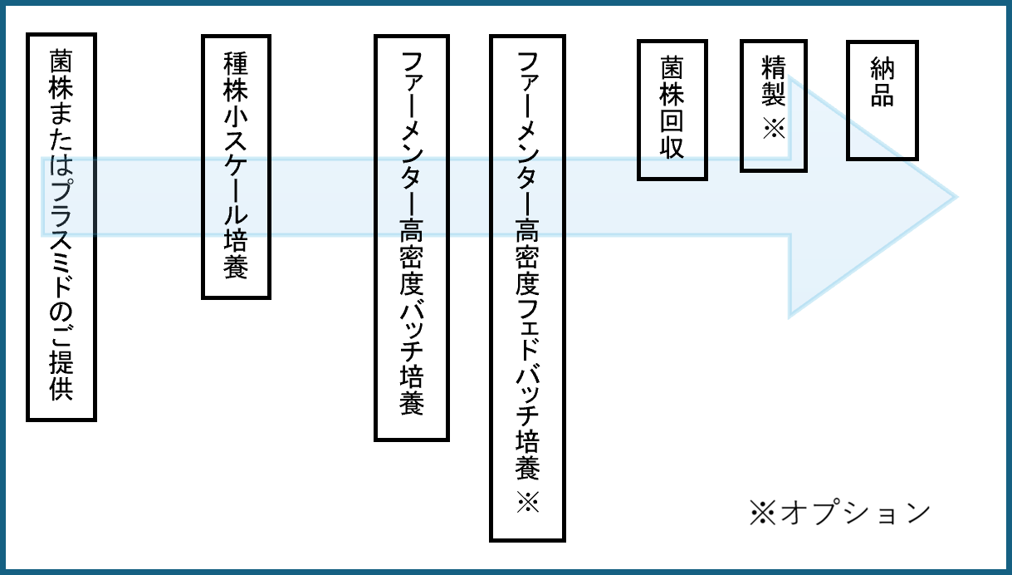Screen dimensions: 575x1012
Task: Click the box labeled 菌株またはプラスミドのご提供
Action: tap(61, 227)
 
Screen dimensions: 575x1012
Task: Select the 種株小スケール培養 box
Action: tap(237, 166)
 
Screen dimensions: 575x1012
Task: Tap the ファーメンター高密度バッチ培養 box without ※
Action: tap(411, 237)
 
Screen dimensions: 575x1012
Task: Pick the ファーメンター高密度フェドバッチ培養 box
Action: tap(527, 287)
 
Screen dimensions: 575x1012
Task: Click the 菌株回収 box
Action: tap(672, 109)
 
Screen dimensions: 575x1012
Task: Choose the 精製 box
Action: tap(773, 104)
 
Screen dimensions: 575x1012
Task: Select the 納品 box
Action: tap(882, 99)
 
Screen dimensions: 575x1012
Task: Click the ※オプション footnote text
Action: tap(839, 513)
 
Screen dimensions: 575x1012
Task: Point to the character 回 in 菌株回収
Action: tap(672, 120)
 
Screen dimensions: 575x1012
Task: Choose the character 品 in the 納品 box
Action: tap(882, 95)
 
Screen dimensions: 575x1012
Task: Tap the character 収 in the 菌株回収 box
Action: tap(672, 146)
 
